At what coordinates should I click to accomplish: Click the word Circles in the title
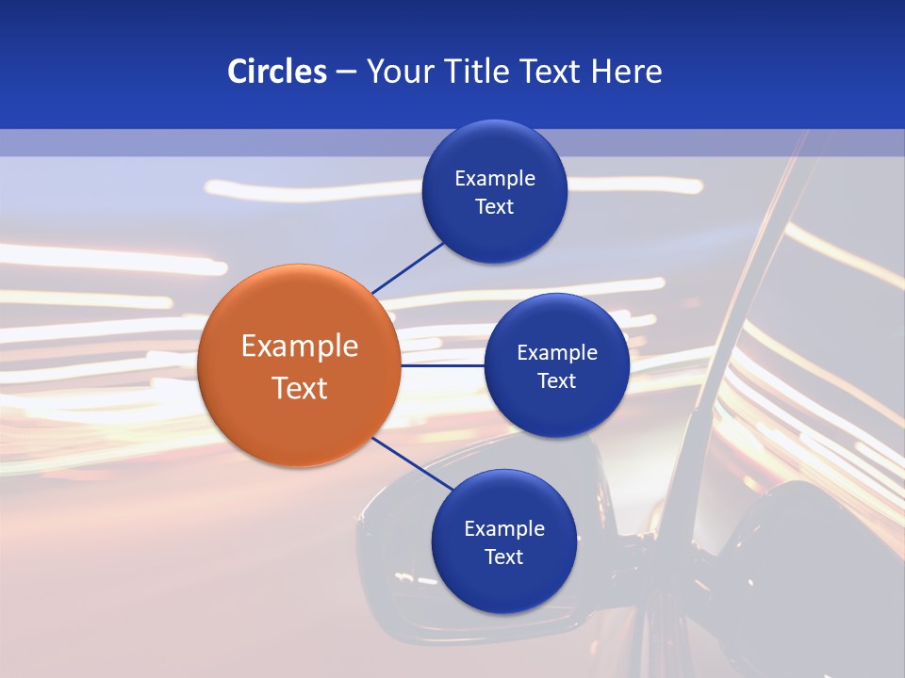coord(276,72)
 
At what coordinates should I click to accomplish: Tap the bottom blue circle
coord(503,584)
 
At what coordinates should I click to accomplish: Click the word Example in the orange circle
coord(300,347)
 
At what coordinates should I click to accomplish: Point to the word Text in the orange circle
coord(300,388)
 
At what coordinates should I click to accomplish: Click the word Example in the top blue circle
coord(495,179)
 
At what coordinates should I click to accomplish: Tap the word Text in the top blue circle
coord(495,207)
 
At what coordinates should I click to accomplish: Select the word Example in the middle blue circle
coord(557,353)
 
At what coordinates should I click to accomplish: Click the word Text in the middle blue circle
coord(557,380)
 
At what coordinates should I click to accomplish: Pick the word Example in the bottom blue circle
coord(504,529)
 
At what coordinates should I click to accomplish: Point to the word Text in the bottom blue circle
coord(504,557)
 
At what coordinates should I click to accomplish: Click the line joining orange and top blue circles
coord(407,266)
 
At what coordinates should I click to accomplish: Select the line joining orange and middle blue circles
coord(442,365)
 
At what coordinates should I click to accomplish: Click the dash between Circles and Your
coord(346,73)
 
